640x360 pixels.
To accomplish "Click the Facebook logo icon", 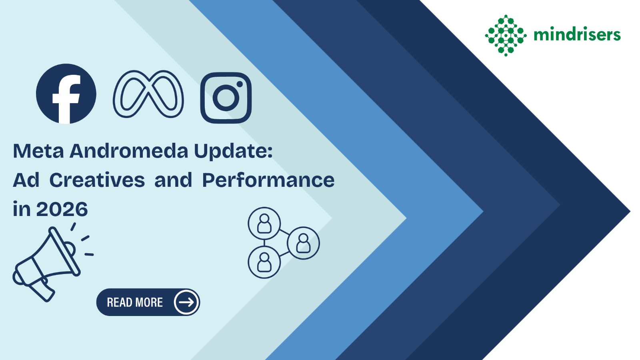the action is (x=66, y=94).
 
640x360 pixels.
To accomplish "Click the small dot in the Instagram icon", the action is (x=240, y=84).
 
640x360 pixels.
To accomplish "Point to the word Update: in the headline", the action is (x=234, y=152).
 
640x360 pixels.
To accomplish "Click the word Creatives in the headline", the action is (x=97, y=180).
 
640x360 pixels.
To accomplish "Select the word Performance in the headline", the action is (x=268, y=180).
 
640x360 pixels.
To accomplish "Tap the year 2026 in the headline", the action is (x=62, y=209).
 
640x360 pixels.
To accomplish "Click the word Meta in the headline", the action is (x=38, y=151).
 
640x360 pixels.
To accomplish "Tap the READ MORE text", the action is (x=135, y=302).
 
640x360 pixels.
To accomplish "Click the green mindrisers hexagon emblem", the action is (x=506, y=36).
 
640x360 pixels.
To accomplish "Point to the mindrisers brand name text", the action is (x=577, y=35).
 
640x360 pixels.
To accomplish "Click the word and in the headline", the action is (x=173, y=180).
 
